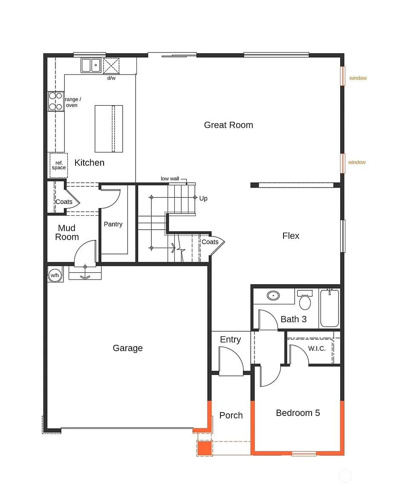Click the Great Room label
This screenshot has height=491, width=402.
coord(228,125)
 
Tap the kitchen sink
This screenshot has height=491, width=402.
coord(91,66)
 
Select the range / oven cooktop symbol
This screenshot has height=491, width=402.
coord(56,101)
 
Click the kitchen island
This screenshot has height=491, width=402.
coord(109,129)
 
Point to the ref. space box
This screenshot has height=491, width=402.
coord(59,165)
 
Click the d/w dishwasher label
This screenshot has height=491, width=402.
coord(111,78)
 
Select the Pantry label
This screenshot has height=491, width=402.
coord(113,224)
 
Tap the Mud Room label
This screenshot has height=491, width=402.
coord(67,232)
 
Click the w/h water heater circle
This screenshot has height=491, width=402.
coord(55,275)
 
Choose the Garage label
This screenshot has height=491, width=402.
coord(128,348)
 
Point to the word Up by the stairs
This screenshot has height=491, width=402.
coord(203,198)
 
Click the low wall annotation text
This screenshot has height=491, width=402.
coord(170,179)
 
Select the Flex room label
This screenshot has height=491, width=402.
coord(291,236)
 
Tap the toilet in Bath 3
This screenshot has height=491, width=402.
coord(305,300)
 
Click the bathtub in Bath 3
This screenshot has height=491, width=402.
coord(330,309)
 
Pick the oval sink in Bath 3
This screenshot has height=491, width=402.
coord(273,295)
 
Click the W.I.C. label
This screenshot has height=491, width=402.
coord(317,349)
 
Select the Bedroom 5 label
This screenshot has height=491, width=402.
coord(298,413)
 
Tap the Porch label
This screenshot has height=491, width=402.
coord(231,415)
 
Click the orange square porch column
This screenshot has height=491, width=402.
coord(205,448)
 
